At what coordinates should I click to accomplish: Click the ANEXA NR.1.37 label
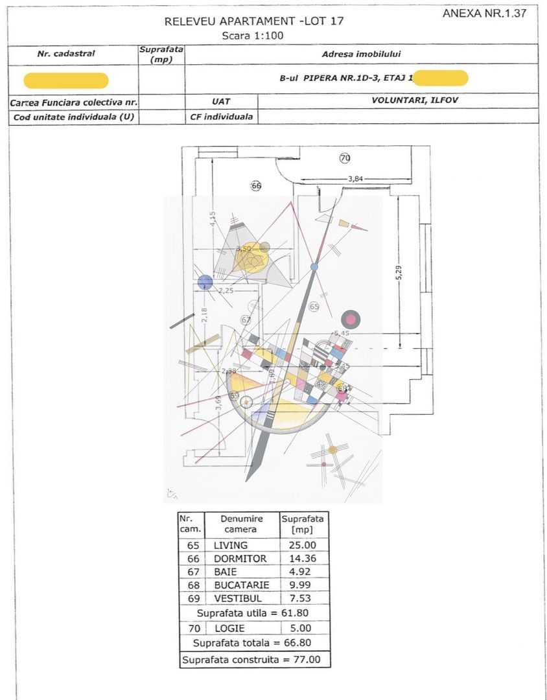pyautogui.click(x=485, y=13)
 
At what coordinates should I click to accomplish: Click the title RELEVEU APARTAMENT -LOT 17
pyautogui.click(x=253, y=21)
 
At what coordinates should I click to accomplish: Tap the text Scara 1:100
pyautogui.click(x=253, y=36)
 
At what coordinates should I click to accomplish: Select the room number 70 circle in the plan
pyautogui.click(x=345, y=157)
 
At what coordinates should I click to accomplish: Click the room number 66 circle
pyautogui.click(x=256, y=186)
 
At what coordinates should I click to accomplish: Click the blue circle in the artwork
pyautogui.click(x=205, y=282)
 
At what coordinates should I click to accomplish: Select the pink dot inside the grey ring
pyautogui.click(x=351, y=318)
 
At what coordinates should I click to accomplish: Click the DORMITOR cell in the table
pyautogui.click(x=240, y=559)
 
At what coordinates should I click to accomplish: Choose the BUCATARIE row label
pyautogui.click(x=241, y=585)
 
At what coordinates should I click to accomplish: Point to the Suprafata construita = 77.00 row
pyautogui.click(x=253, y=660)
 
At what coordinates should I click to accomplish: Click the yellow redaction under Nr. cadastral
pyautogui.click(x=66, y=81)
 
